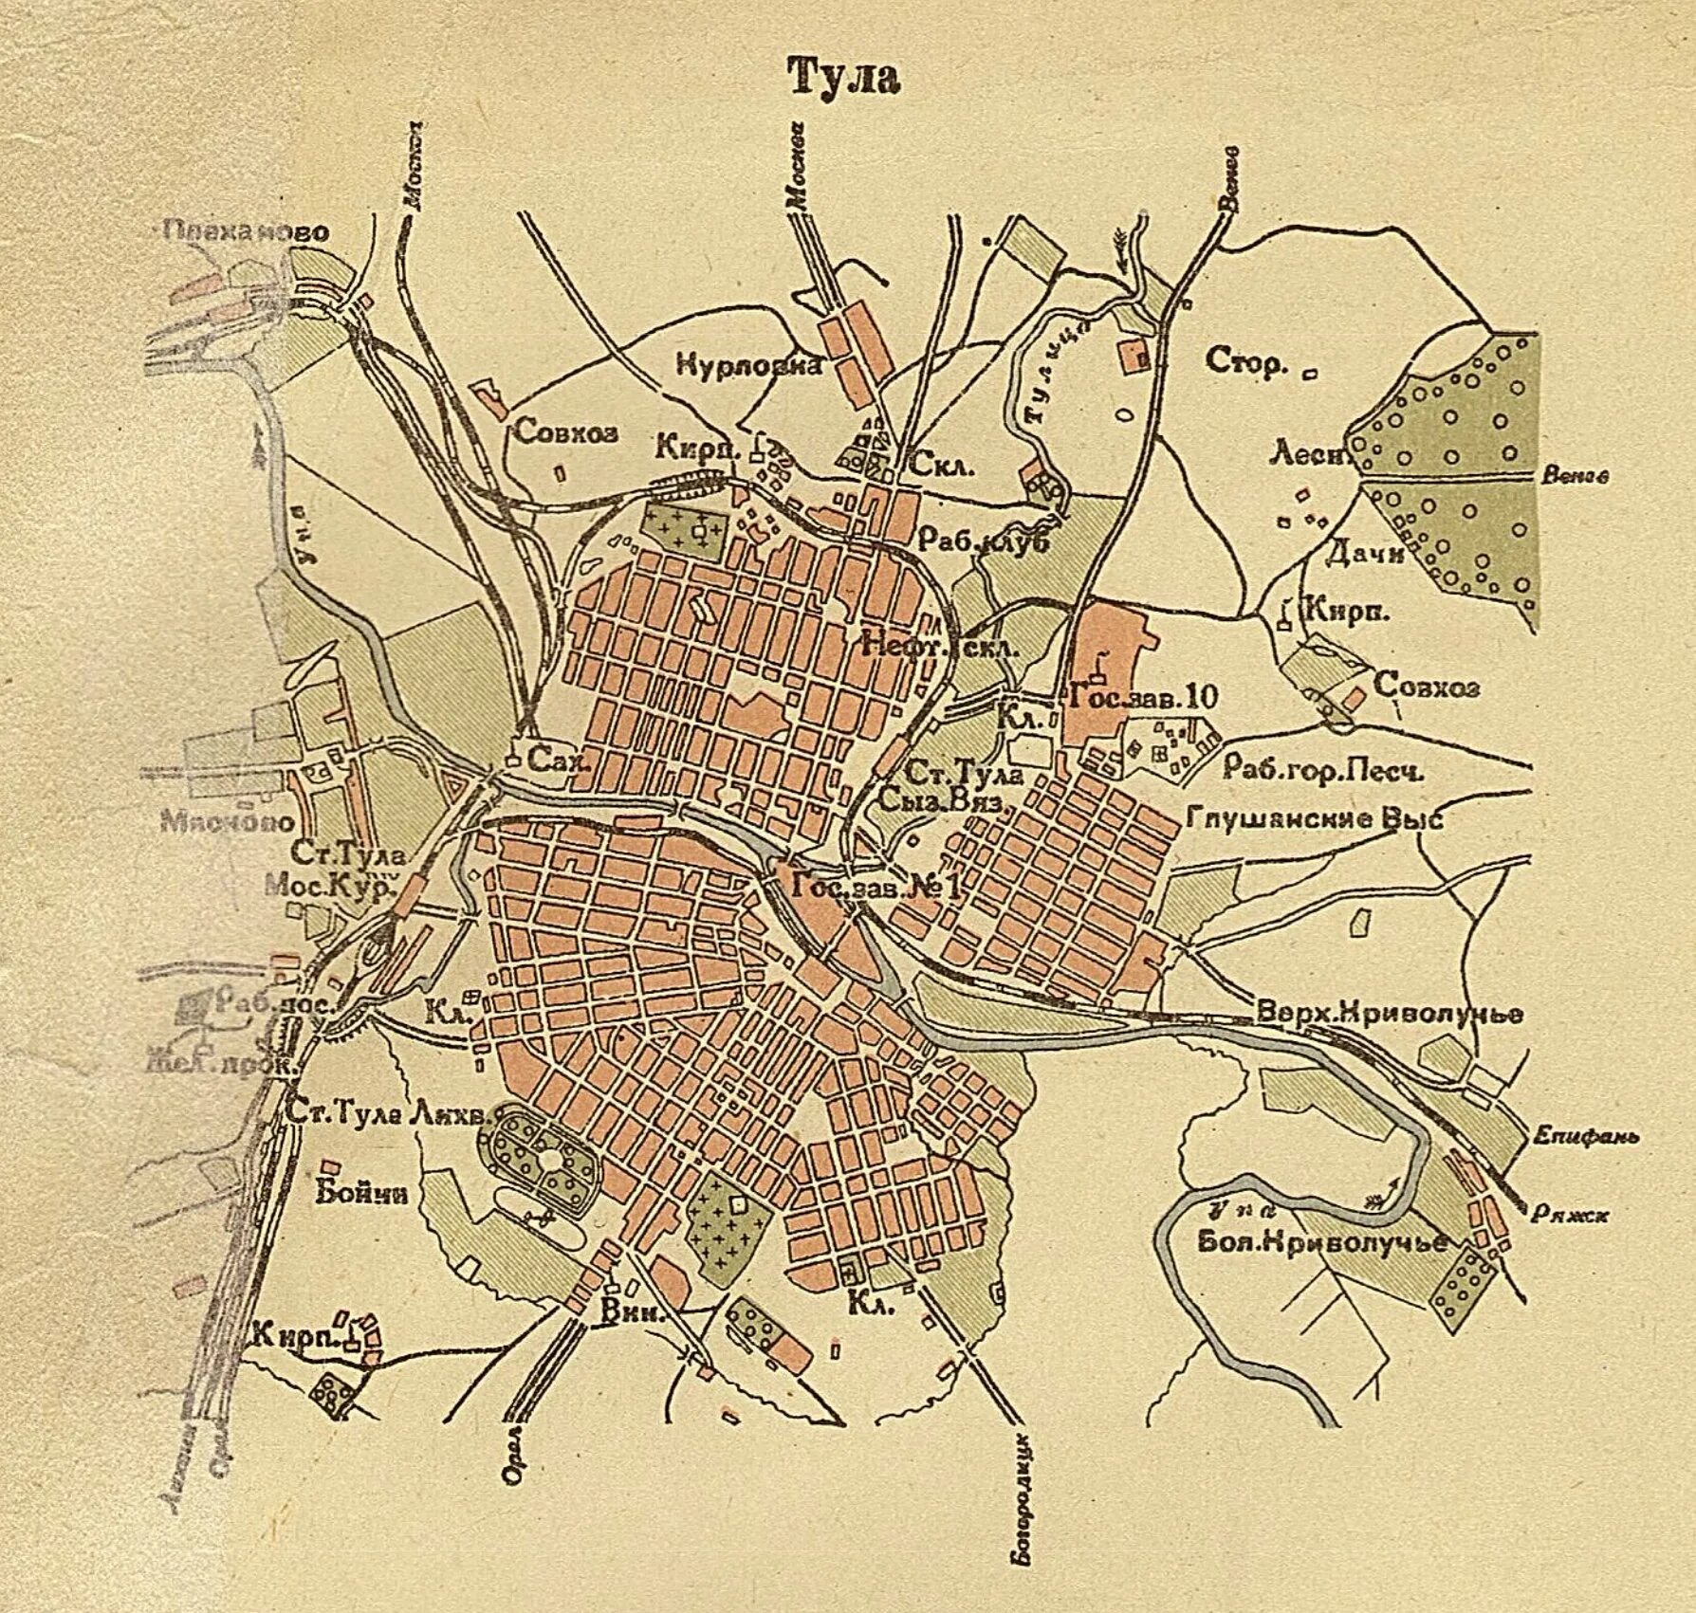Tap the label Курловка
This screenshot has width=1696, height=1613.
tap(748, 365)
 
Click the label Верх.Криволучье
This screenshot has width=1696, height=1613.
tap(1390, 1013)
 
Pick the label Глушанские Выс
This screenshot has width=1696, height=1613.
tap(1315, 817)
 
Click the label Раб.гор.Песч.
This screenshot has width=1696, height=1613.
tap(1323, 770)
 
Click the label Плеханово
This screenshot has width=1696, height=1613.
tap(246, 231)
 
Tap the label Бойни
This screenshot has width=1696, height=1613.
tap(363, 1192)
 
